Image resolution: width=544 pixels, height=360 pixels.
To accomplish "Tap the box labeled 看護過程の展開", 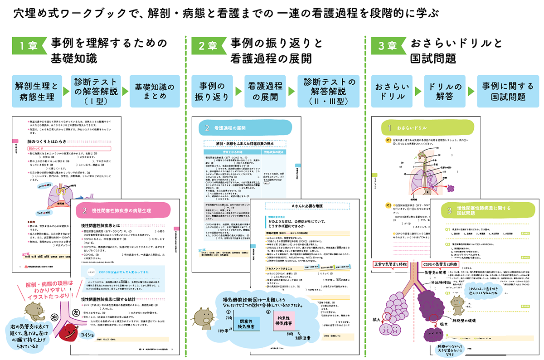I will click(266, 91).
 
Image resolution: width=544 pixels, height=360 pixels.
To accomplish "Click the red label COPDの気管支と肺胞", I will click(442, 264).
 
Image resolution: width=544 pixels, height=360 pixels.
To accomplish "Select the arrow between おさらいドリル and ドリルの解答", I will click(418, 91).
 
